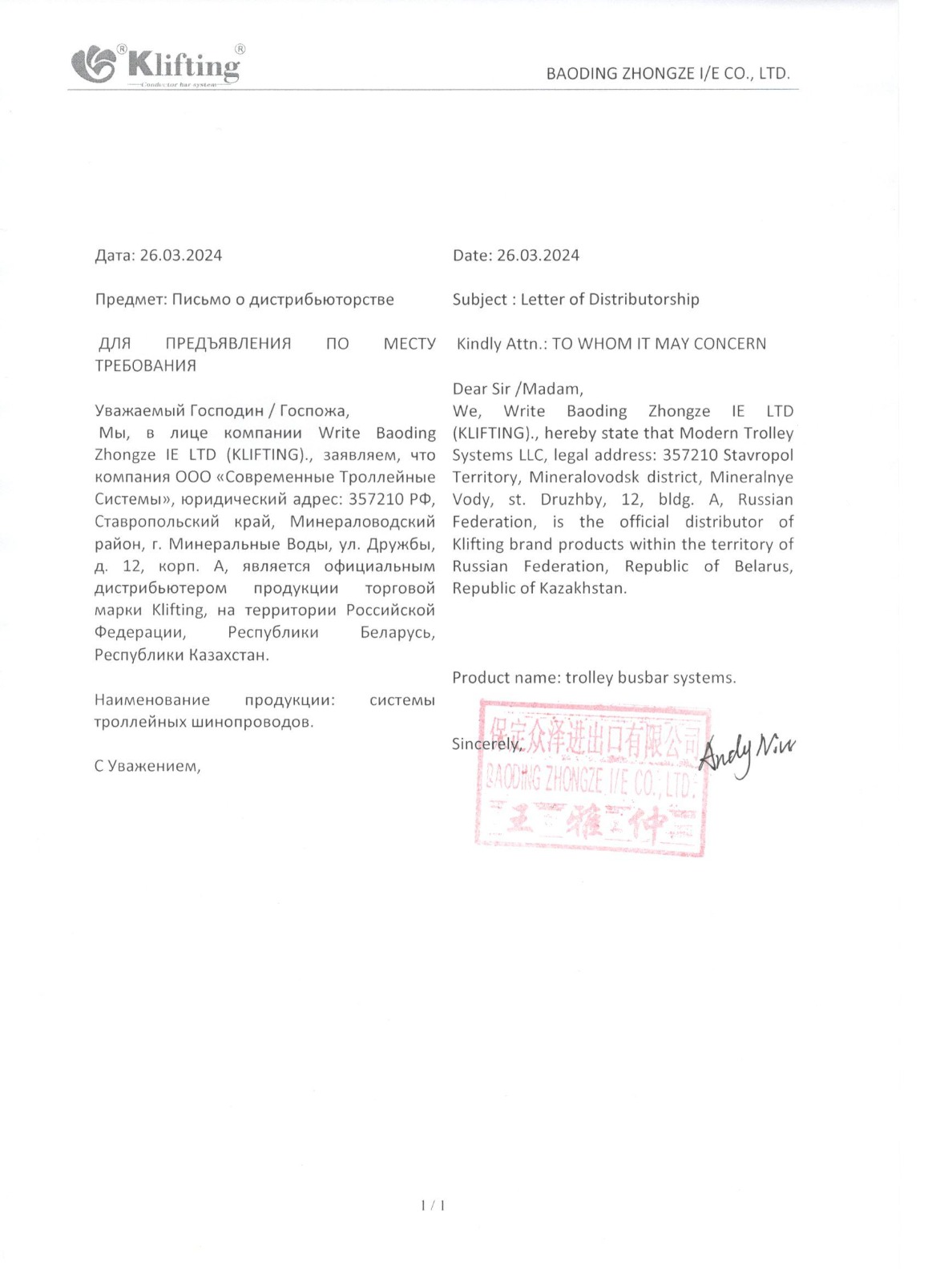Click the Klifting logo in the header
pyautogui.click(x=157, y=64)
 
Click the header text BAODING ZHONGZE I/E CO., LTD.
pyautogui.click(x=668, y=74)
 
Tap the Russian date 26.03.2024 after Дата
pyautogui.click(x=180, y=256)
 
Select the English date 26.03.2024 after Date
pyautogui.click(x=538, y=256)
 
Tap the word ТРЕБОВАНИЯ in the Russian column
pyautogui.click(x=145, y=366)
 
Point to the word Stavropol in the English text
pyautogui.click(x=757, y=455)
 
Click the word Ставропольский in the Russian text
pyautogui.click(x=156, y=522)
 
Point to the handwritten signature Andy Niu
pyautogui.click(x=746, y=753)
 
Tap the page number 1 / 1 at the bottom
pyautogui.click(x=433, y=1205)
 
